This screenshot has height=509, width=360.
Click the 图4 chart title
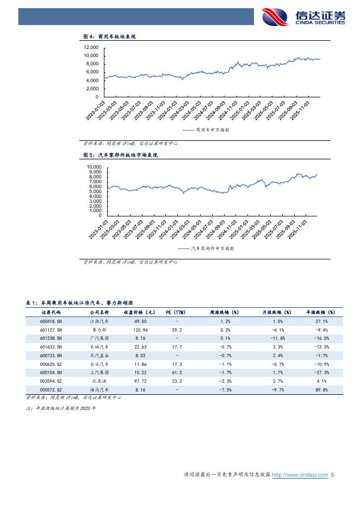109,36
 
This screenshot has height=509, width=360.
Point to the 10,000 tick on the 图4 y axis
91,55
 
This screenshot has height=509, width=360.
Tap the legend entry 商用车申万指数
206,131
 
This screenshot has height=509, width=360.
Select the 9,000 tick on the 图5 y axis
94,172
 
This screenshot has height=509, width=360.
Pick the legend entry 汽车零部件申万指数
206,249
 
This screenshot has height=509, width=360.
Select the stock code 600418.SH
52,321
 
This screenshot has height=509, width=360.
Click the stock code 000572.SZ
52,390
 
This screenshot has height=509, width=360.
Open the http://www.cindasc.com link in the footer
300,475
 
